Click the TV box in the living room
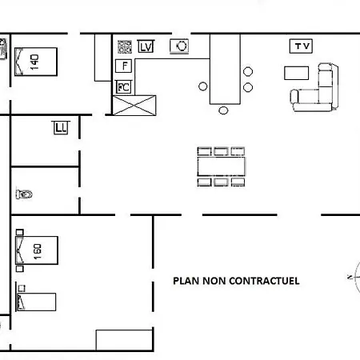301,46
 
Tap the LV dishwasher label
146,46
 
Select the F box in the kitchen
124,66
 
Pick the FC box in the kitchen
124,87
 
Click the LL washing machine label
61,128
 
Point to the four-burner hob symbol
125,46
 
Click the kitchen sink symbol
179,46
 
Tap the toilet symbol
24,194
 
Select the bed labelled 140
36,62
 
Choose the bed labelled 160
37,250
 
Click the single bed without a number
36,302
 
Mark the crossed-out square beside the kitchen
134,106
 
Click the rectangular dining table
222,166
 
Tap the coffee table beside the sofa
297,73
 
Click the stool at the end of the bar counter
223,110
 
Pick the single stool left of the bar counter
203,86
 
